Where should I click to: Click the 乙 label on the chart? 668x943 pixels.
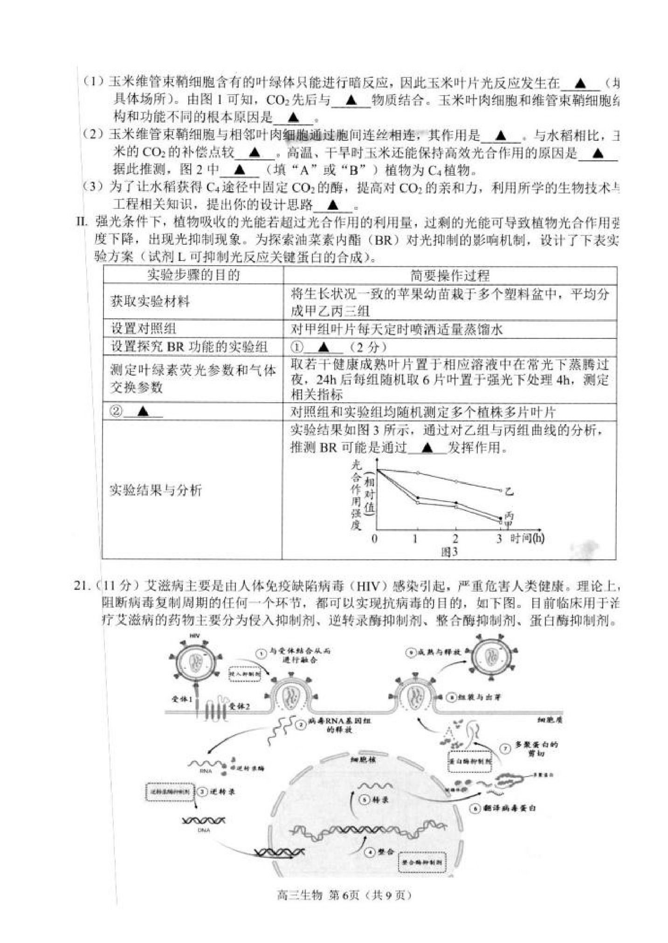click(509, 491)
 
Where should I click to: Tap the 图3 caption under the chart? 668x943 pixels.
click(449, 552)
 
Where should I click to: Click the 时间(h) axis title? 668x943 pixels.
click(527, 538)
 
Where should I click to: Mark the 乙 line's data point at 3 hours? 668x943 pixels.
click(501, 490)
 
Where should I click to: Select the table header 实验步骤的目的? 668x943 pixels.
click(193, 275)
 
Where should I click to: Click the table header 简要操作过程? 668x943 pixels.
click(450, 275)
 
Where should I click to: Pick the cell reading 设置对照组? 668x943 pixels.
click(144, 329)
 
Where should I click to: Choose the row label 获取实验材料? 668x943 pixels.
click(150, 302)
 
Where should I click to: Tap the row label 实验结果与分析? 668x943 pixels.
click(156, 490)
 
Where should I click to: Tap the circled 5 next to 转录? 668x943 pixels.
click(365, 799)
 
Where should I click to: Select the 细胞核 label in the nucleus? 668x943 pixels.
click(363, 759)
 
